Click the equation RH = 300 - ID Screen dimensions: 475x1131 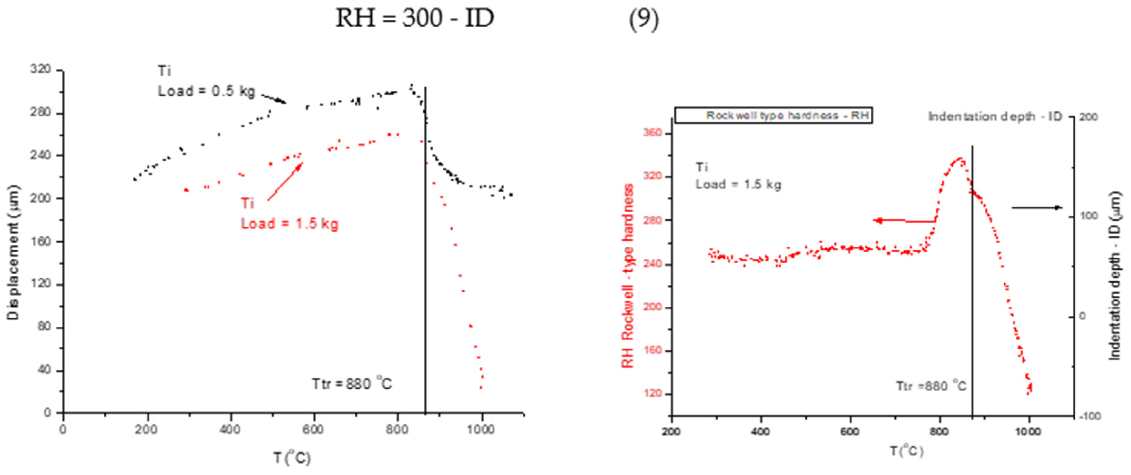pos(414,18)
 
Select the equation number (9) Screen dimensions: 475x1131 pos(644,19)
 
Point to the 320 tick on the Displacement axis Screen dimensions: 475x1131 pos(40,70)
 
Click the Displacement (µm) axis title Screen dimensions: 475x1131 pos(13,252)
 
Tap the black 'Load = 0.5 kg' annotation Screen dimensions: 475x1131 pos(206,91)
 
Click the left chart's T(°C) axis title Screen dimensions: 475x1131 pos(292,458)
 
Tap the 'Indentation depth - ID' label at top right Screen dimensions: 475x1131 pos(994,117)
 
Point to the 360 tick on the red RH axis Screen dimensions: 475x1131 pos(652,133)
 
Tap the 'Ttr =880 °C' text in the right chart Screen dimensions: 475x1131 pos(931,386)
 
